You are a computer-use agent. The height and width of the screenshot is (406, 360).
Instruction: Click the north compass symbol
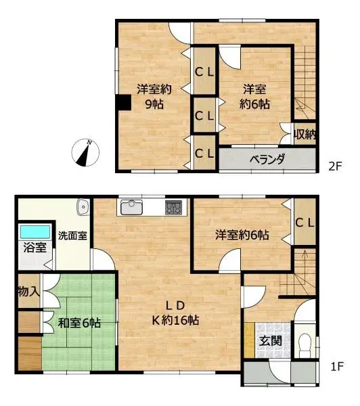click(x=86, y=152)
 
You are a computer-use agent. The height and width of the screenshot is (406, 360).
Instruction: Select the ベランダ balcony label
click(x=267, y=160)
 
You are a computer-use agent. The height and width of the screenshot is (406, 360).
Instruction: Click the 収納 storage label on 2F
click(x=305, y=134)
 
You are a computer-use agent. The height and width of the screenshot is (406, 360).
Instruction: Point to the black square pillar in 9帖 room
click(x=123, y=101)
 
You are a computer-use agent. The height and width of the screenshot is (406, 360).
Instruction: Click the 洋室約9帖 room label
click(x=154, y=96)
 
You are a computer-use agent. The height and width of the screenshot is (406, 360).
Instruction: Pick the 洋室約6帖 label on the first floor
click(x=242, y=235)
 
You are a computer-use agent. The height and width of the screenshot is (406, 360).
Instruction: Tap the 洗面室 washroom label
click(x=70, y=236)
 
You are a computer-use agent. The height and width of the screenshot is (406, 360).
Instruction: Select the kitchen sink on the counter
click(x=132, y=207)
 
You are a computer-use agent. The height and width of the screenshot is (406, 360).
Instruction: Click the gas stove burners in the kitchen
click(x=173, y=207)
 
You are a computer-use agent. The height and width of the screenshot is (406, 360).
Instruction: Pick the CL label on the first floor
click(x=305, y=222)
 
